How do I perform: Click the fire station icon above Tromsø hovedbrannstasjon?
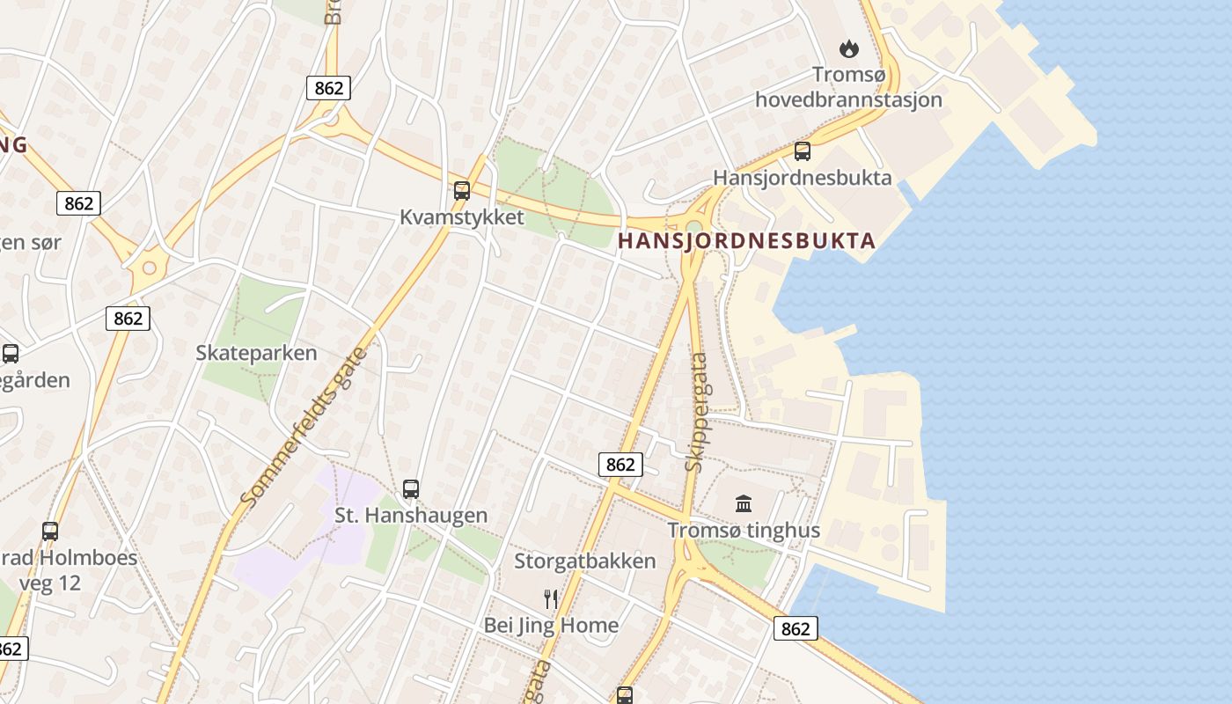click(x=849, y=48)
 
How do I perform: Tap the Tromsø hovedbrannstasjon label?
click(x=848, y=87)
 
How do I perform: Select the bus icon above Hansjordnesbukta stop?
click(x=803, y=150)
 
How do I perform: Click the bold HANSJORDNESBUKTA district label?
click(x=747, y=240)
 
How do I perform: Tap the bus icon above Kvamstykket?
click(x=462, y=190)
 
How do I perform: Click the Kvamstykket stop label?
click(x=462, y=217)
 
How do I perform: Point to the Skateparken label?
click(x=256, y=353)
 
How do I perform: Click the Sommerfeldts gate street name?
click(x=308, y=427)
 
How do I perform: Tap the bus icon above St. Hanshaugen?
click(x=411, y=488)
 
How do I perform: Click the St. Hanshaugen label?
click(x=411, y=515)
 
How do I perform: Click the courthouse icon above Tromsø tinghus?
click(x=744, y=503)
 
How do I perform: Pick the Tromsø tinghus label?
click(x=744, y=530)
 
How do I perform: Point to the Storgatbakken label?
click(x=585, y=561)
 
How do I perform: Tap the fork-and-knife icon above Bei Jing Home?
click(x=551, y=599)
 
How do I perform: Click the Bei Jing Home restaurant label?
click(x=551, y=626)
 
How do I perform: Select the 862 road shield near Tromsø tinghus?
click(x=620, y=465)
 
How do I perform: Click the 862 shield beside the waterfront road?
click(x=796, y=628)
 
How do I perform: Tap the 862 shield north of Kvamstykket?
click(x=329, y=88)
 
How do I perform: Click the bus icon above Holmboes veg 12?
click(x=50, y=531)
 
